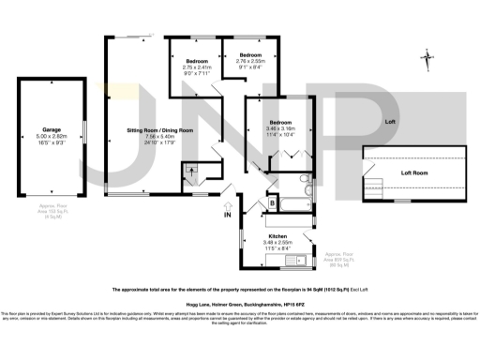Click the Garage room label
(x=52, y=129)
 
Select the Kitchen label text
(x=277, y=235)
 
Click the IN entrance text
(x=227, y=215)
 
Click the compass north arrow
(x=428, y=61)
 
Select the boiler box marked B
(x=271, y=202)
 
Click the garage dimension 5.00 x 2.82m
(x=52, y=136)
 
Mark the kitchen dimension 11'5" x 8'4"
(x=277, y=248)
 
